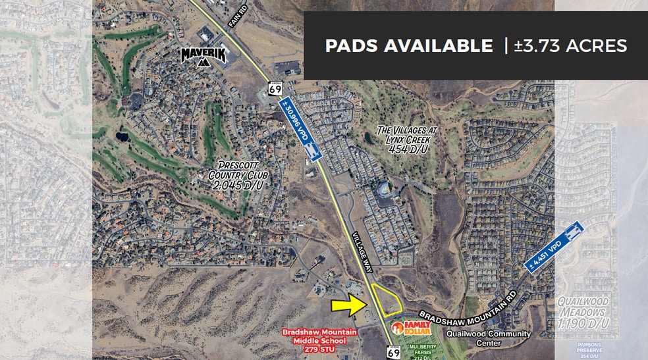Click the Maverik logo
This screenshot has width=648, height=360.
click(203, 56)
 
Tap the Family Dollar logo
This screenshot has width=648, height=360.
click(411, 327)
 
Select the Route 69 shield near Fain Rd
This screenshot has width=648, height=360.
click(275, 89)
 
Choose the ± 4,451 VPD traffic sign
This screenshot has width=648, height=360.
click(554, 245)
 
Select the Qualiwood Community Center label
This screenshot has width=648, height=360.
click(488, 338)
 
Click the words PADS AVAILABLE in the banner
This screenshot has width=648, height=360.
click(408, 45)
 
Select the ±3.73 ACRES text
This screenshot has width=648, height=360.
click(570, 45)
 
